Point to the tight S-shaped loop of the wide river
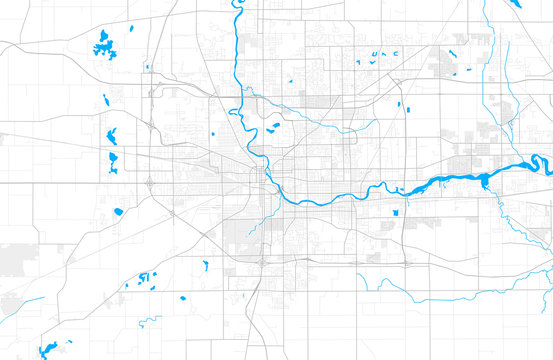[536, 162]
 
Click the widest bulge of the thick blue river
[485, 181]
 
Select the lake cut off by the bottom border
[46, 350]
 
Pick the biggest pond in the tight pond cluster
[143, 277]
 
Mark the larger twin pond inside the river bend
[275, 126]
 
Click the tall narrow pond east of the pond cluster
[205, 265]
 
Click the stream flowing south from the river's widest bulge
[490, 215]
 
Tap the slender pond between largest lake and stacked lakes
[106, 99]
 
